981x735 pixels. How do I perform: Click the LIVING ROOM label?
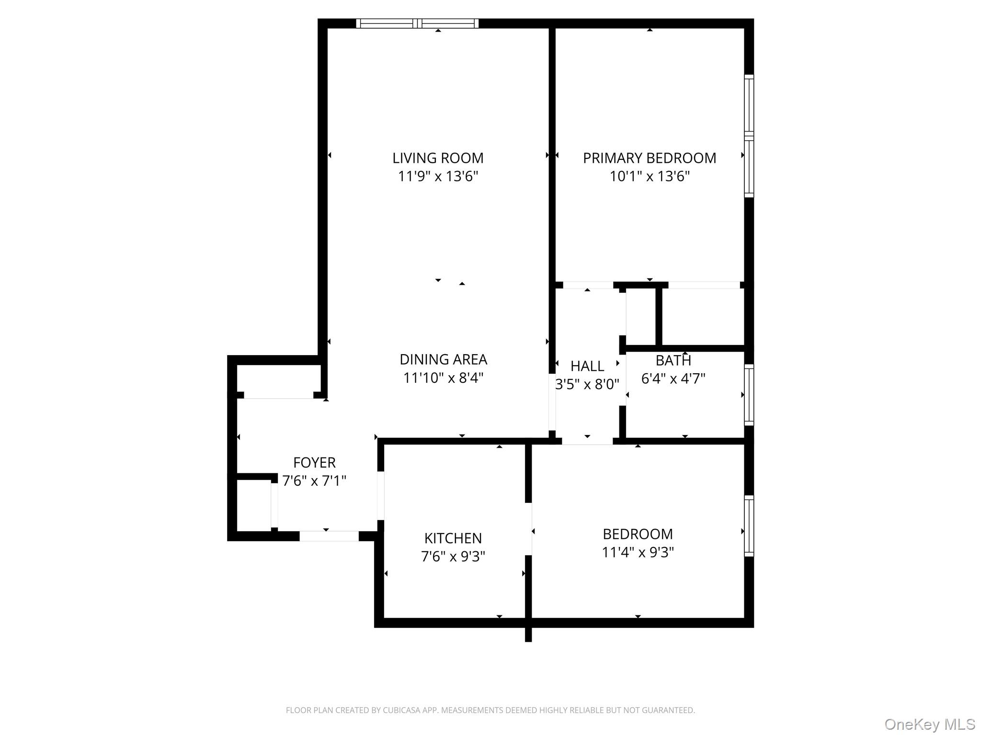(x=438, y=158)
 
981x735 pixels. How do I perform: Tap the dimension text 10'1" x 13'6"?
(x=650, y=177)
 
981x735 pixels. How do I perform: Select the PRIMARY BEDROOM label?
(x=650, y=158)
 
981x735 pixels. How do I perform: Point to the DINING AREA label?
(x=443, y=359)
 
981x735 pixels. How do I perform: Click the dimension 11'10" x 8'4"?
(x=443, y=378)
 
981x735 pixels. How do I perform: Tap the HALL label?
(x=587, y=366)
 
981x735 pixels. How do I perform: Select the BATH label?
(x=673, y=360)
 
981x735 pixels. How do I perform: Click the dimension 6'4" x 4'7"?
(x=673, y=379)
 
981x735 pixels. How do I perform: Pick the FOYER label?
(x=314, y=463)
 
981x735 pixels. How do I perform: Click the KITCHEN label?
(x=453, y=538)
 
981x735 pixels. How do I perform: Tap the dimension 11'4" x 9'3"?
(x=638, y=552)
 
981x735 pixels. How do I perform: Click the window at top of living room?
(x=417, y=23)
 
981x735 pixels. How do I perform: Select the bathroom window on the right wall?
(x=749, y=395)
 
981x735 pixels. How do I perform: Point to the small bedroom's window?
(x=749, y=526)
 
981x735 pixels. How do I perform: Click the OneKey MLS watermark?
(x=929, y=724)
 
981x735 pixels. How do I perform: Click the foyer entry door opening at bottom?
(x=329, y=536)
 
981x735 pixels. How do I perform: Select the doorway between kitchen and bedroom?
(x=529, y=529)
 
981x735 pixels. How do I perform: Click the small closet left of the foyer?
(x=254, y=505)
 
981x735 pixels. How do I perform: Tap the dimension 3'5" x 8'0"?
(x=587, y=384)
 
